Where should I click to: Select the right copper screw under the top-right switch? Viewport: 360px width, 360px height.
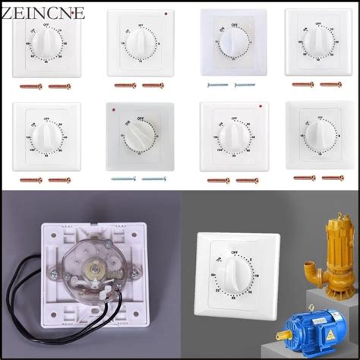330,84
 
